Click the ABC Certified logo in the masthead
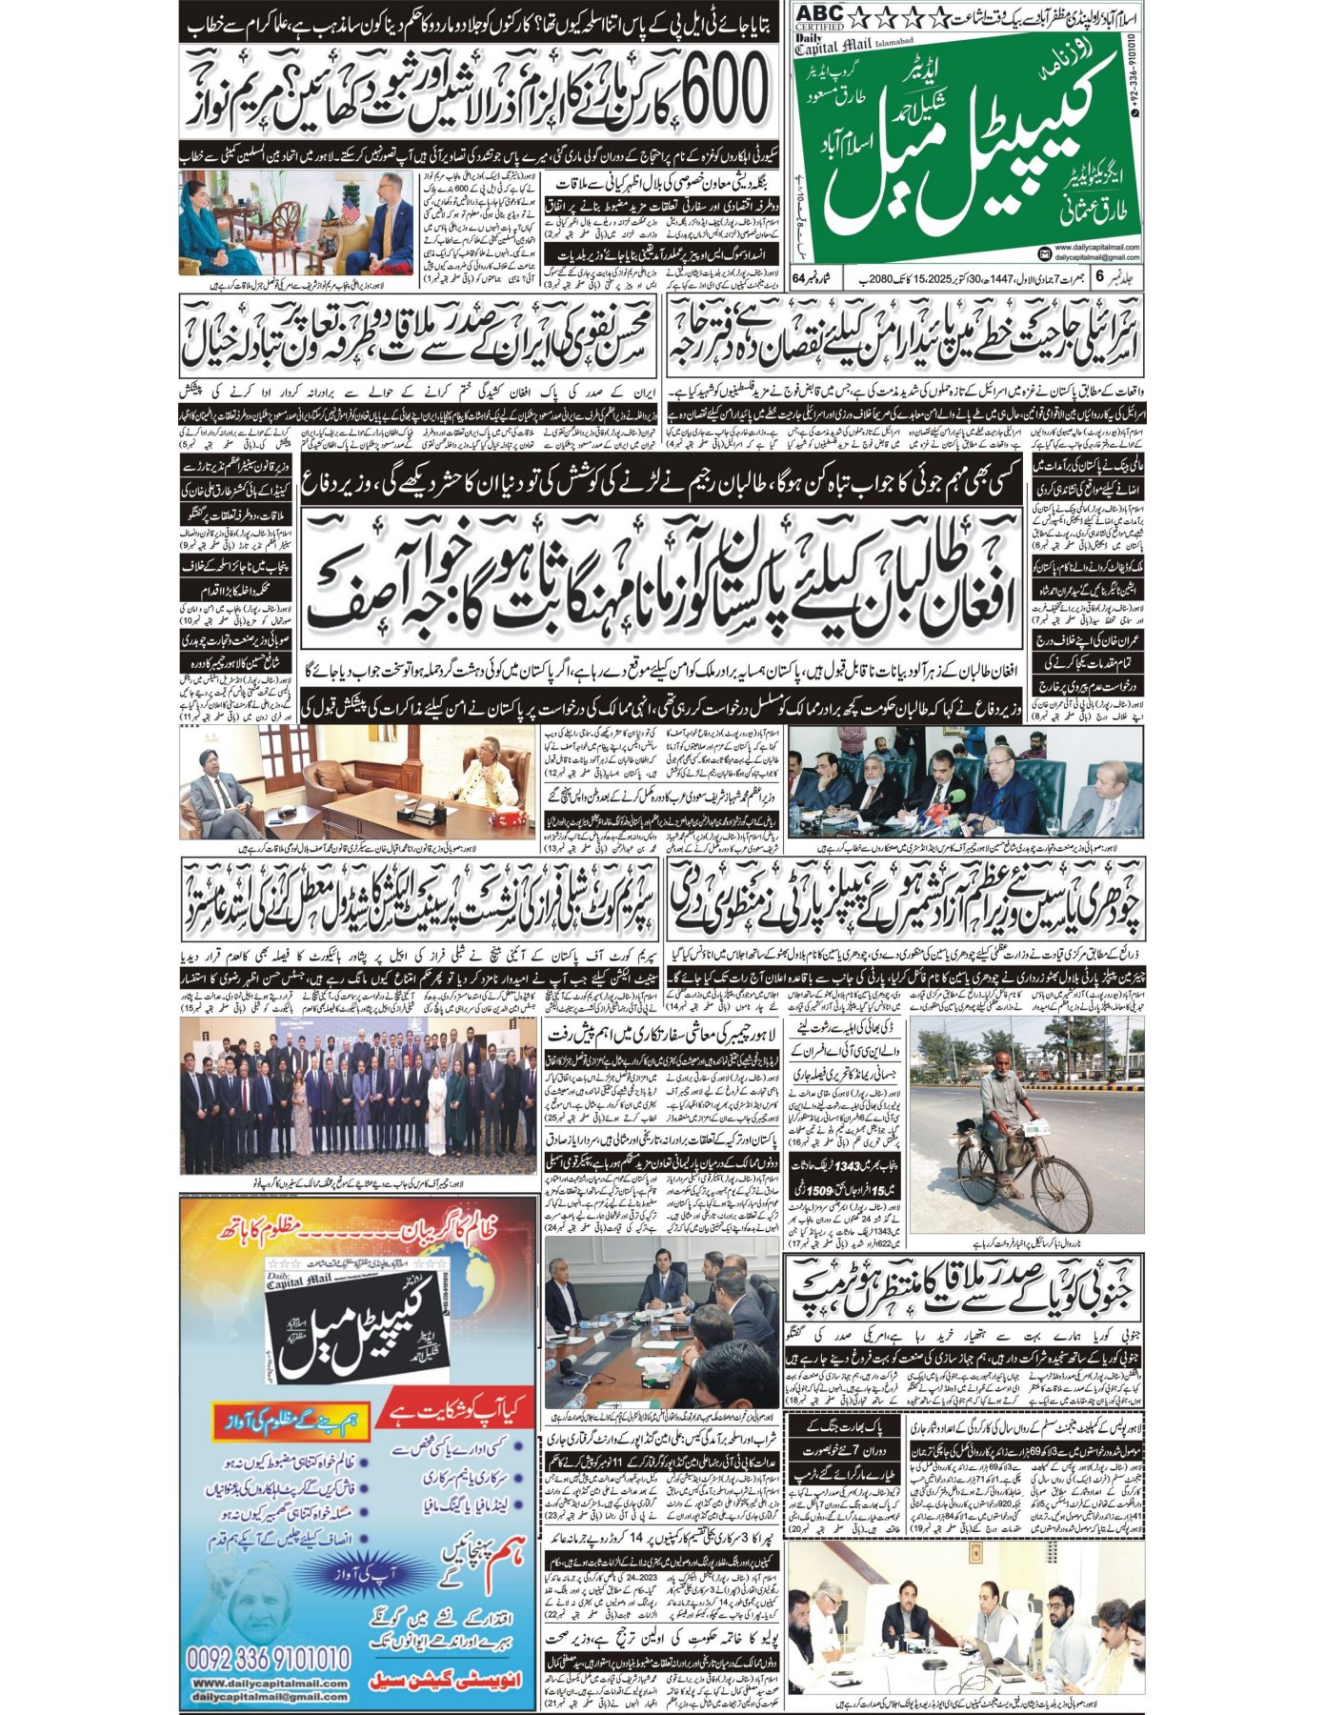[x=820, y=17]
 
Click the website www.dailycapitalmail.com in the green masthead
[x=1092, y=247]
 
